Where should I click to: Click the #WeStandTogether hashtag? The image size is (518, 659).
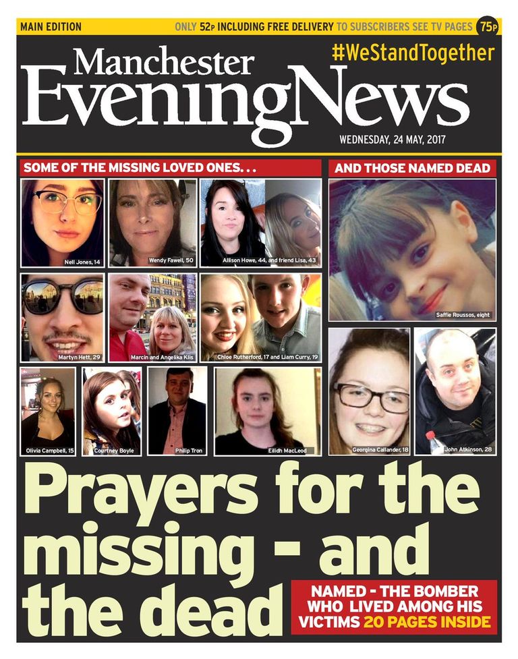413,53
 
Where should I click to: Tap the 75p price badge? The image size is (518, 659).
486,27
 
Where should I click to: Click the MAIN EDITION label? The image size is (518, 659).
51,27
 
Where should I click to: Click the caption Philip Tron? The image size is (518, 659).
177,450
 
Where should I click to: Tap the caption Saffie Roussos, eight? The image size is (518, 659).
462,314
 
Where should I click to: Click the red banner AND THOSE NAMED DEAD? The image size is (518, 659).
412,169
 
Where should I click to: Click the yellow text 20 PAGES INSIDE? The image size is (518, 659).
427,622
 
